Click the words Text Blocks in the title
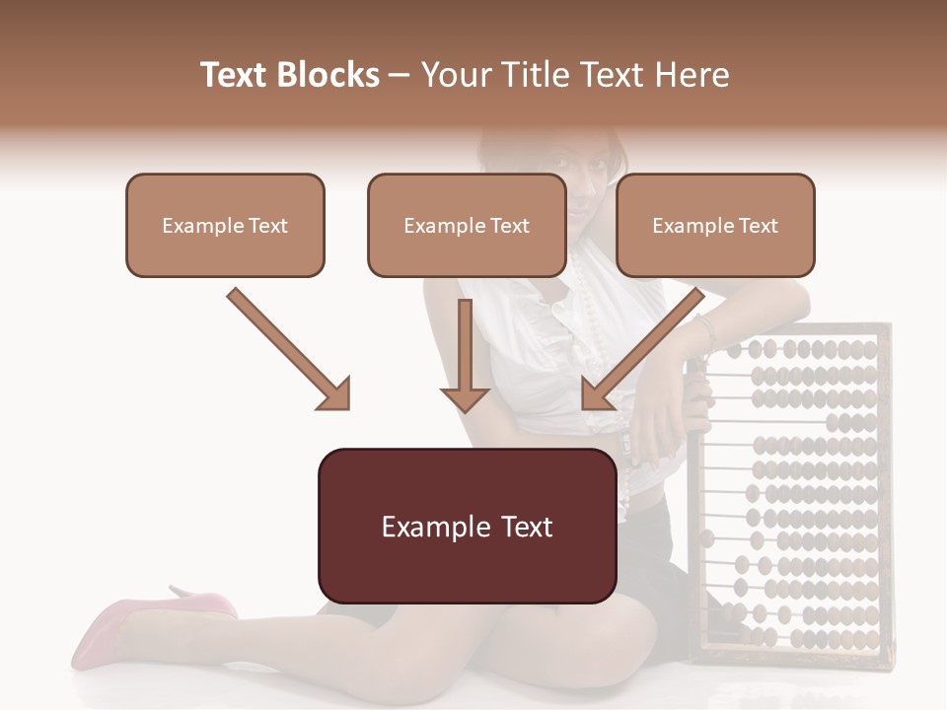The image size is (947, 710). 289,75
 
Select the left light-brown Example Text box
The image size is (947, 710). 225,225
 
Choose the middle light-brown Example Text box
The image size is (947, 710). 467,225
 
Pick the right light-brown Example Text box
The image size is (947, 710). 715,225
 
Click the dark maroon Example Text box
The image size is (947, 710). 467,527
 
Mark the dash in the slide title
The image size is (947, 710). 400,75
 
